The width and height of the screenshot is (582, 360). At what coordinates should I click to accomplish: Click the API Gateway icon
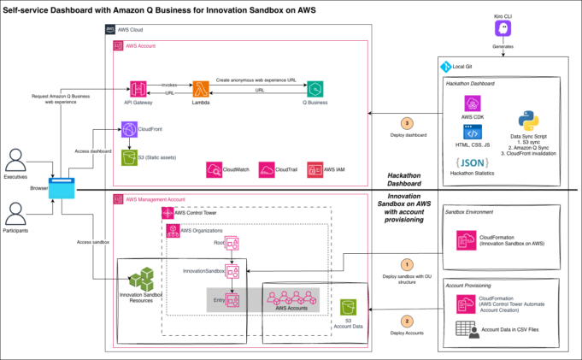(139, 89)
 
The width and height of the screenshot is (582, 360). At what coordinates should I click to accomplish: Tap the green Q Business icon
(316, 89)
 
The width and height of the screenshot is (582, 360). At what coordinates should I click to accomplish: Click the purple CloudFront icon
(130, 129)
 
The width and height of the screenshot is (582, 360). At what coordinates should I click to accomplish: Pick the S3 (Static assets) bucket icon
(130, 158)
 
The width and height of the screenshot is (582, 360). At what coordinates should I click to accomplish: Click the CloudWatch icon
(214, 169)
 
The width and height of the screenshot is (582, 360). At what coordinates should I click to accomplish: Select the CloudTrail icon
(267, 169)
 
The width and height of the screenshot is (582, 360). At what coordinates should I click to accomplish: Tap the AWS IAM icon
(314, 169)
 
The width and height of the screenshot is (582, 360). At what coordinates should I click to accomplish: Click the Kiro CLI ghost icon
(502, 30)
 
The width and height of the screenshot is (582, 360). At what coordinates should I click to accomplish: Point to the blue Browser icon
(62, 186)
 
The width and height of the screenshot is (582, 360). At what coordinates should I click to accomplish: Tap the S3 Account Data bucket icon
(349, 306)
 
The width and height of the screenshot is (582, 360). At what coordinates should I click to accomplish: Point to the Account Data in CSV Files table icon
(466, 328)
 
